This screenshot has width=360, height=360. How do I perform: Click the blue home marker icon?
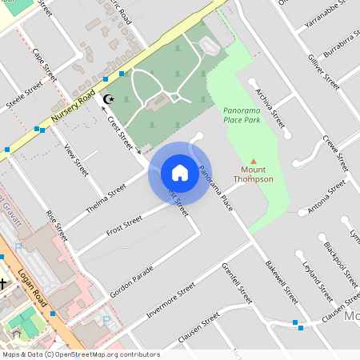[x=179, y=173]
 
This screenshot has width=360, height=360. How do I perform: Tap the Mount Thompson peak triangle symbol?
[x=254, y=161]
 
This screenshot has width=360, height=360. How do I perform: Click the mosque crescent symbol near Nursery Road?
[x=110, y=98]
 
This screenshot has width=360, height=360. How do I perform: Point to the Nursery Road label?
[x=74, y=105]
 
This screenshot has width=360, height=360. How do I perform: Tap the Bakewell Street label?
[x=282, y=281]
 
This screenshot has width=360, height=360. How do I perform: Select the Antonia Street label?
[x=327, y=195]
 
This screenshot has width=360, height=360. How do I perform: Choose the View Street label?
[x=76, y=160]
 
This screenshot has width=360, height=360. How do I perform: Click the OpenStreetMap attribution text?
[x=81, y=354]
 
